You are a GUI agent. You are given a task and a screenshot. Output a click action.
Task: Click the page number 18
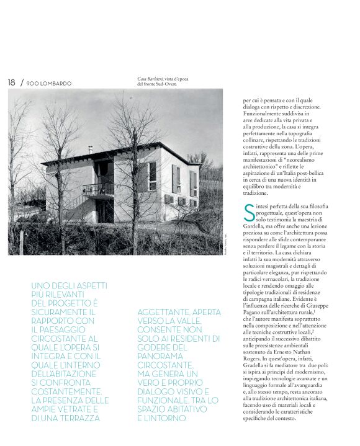[11, 83]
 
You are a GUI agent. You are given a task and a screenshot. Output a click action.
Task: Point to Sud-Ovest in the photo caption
[164, 84]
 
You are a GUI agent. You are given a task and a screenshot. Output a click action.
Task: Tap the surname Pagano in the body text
[251, 314]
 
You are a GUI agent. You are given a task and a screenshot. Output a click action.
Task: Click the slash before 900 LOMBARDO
[22, 83]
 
